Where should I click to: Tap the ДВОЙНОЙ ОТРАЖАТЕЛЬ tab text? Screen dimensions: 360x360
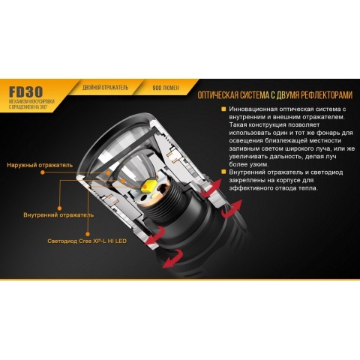tap(106, 88)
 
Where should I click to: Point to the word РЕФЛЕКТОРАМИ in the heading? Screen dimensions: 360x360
tap(320, 96)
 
